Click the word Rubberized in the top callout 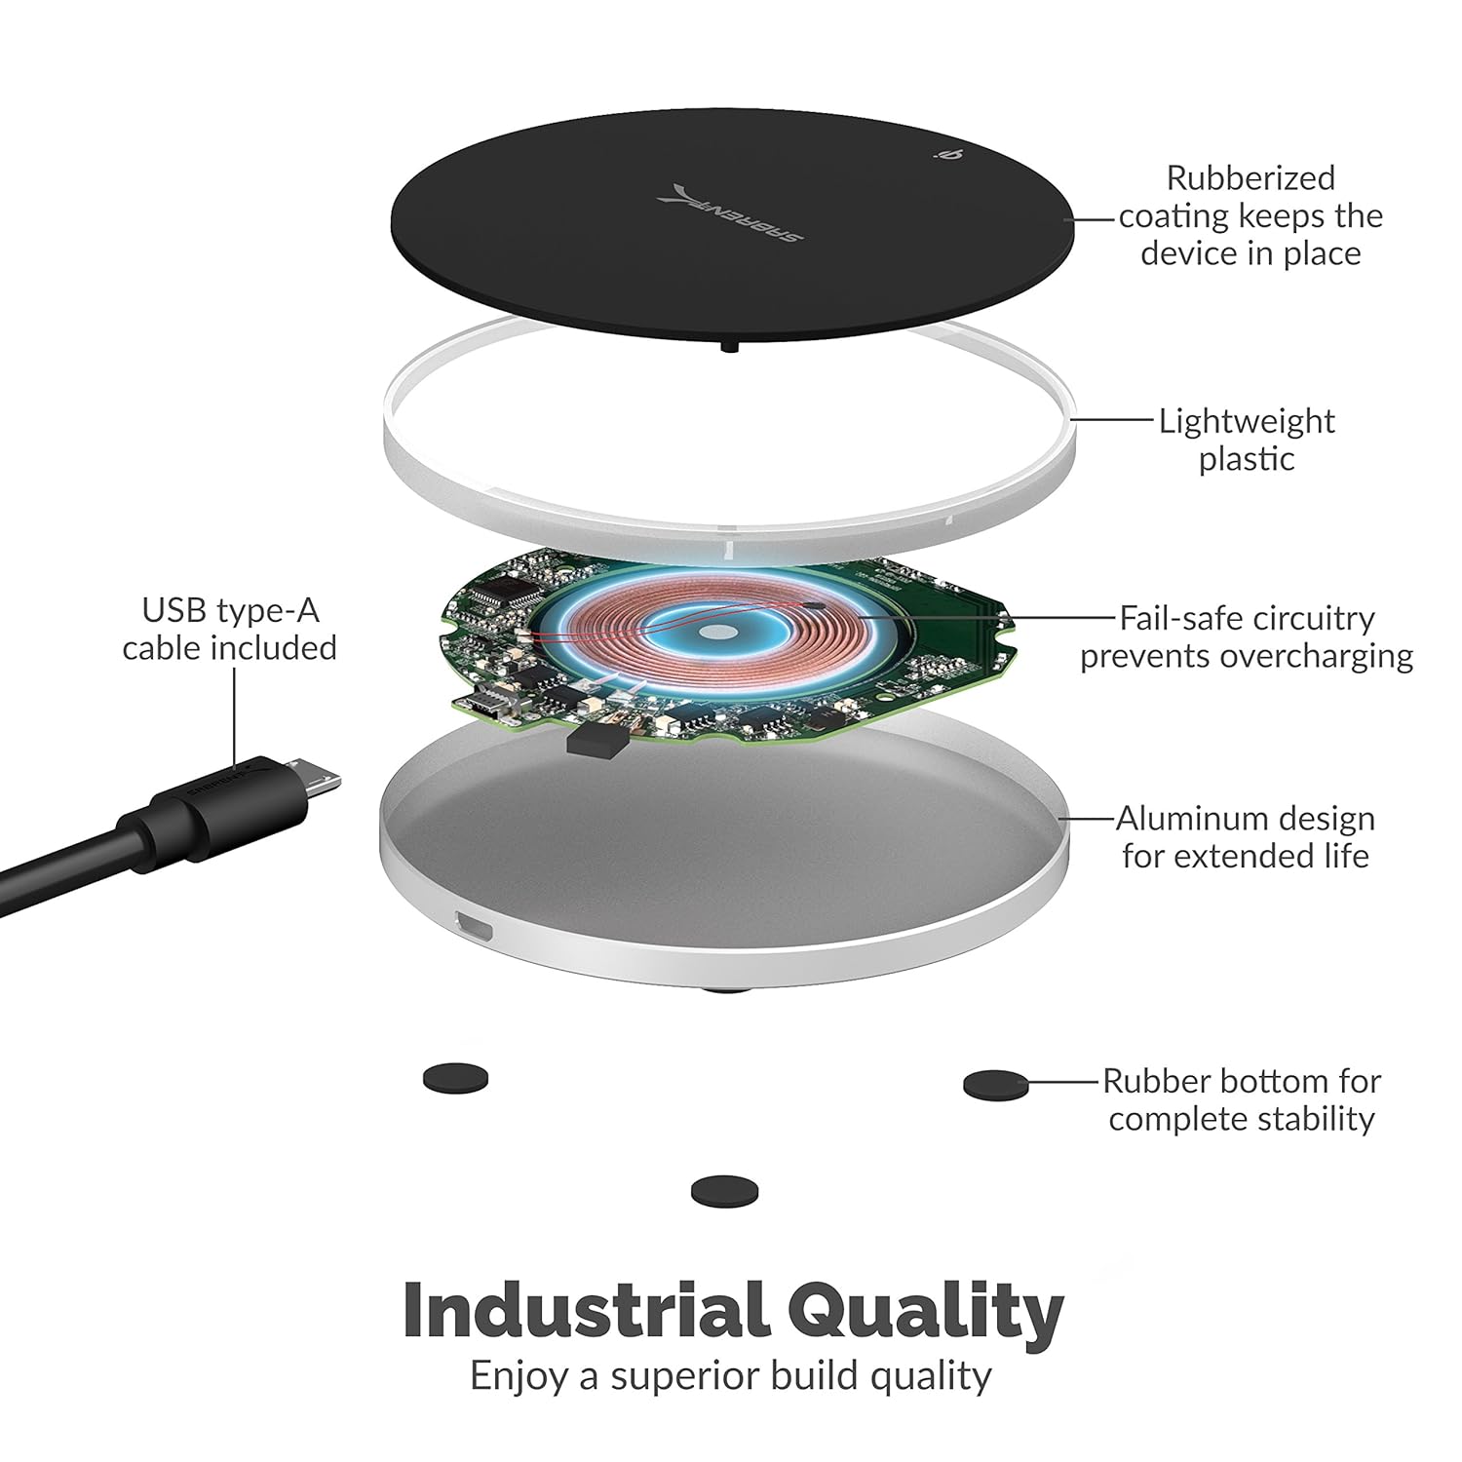(x=1250, y=178)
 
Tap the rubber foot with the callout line (x=995, y=1085)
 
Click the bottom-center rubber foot (x=724, y=1191)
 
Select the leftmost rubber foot (x=455, y=1079)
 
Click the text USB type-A (x=230, y=611)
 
